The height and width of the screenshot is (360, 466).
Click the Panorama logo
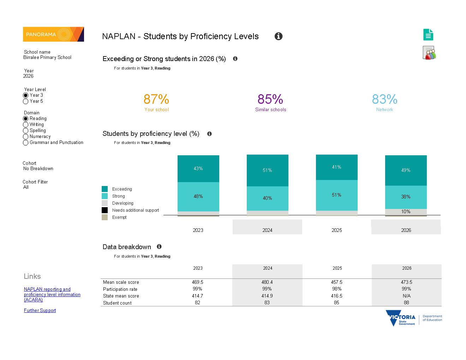point(53,34)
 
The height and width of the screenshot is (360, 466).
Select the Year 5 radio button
point(25,101)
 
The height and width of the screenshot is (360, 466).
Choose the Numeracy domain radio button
point(25,137)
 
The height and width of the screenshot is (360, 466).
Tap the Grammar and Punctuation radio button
point(25,143)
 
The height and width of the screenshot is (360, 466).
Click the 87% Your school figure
point(156,99)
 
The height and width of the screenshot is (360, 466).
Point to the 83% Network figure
point(385,99)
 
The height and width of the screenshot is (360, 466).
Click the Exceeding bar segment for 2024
point(267,170)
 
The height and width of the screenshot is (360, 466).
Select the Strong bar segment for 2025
point(337,195)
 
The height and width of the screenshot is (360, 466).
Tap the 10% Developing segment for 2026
point(406,212)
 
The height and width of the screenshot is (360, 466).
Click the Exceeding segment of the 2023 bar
point(198,169)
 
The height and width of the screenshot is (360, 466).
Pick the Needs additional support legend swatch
point(104,210)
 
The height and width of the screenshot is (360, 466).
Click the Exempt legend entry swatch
point(104,217)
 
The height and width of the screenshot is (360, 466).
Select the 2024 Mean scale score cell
point(267,282)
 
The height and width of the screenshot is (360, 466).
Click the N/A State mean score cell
point(407,296)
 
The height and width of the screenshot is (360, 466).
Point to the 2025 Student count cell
point(336,303)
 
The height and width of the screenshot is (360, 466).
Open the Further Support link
point(40,311)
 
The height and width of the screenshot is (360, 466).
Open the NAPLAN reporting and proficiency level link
point(52,294)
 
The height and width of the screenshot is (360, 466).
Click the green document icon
point(428,35)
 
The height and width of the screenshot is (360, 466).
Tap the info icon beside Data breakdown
point(159,247)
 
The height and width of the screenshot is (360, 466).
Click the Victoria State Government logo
point(414,318)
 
